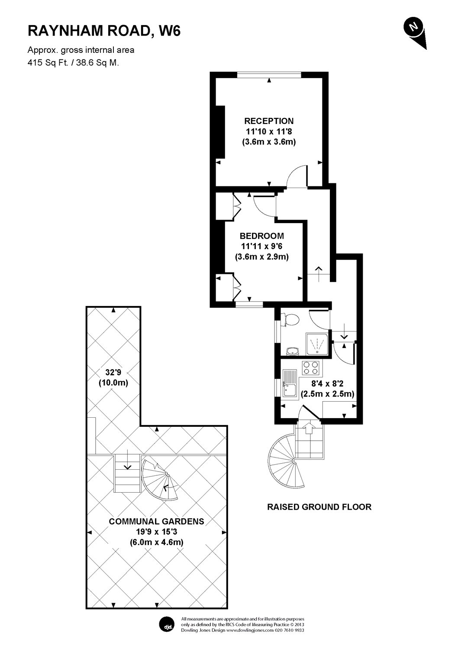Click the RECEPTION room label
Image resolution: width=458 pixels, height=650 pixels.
(x=268, y=121)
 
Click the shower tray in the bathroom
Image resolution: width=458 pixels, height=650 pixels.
(x=318, y=344)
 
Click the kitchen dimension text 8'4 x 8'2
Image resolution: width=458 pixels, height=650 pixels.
(x=328, y=383)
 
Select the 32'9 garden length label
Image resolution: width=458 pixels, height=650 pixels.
(x=113, y=371)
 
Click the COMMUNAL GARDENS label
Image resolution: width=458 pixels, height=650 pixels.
(x=156, y=521)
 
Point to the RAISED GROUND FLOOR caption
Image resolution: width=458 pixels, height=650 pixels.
(x=319, y=507)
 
